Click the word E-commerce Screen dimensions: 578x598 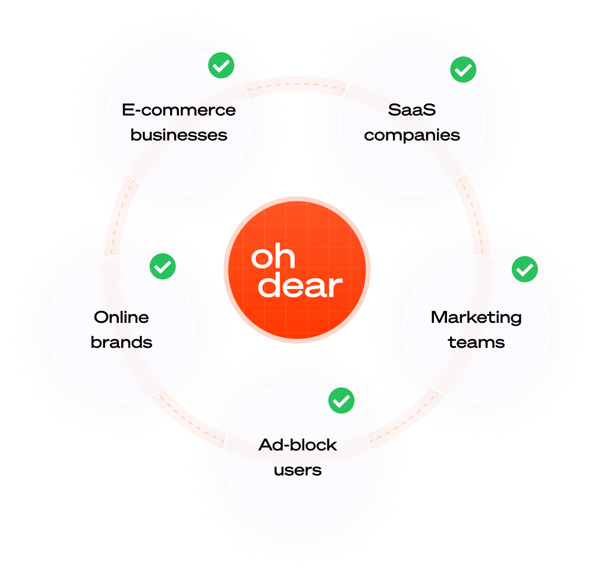point(178,110)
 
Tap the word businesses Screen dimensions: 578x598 point(178,135)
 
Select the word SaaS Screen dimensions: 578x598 point(412,110)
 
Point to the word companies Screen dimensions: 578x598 point(412,135)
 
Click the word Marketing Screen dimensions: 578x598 point(476,318)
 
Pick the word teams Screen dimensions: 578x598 point(476,343)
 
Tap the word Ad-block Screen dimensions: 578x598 point(297,445)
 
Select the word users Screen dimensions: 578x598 point(297,470)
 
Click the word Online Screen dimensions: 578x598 point(121,318)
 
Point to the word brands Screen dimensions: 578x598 point(121,343)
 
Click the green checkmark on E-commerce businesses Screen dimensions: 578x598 point(221,66)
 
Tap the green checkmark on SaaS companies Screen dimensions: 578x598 point(463,69)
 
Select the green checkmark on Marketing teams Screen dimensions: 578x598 point(524,270)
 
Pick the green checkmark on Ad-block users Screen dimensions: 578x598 point(341,401)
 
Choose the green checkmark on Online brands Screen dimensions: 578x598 point(162,266)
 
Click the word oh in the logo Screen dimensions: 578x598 point(273,257)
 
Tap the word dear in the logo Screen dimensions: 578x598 point(301,285)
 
